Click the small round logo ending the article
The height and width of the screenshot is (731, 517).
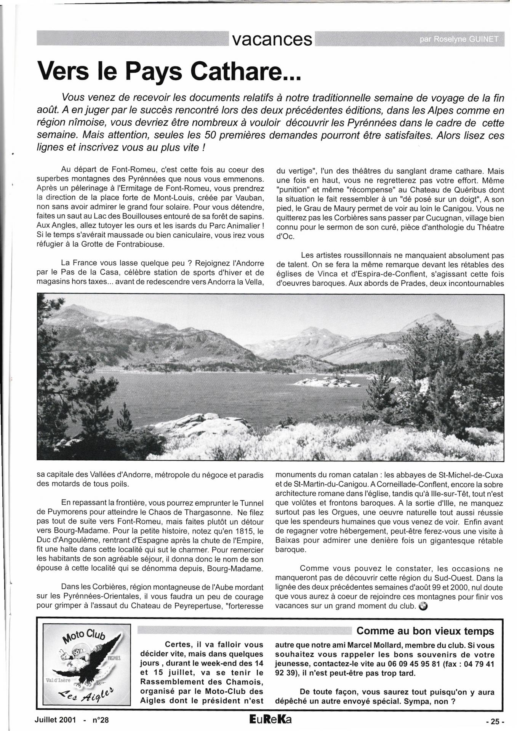(x=423, y=606)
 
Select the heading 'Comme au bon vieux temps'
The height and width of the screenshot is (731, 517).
(x=425, y=631)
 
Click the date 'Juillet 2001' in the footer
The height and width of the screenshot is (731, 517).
(x=55, y=720)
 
